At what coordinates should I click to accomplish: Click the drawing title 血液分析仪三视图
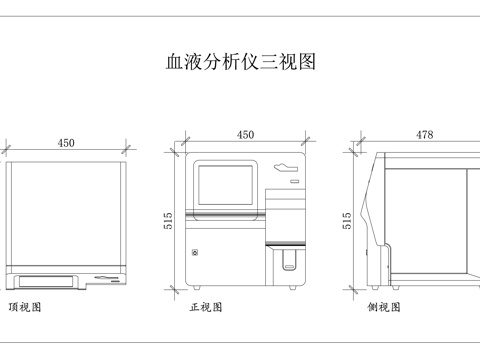(240, 62)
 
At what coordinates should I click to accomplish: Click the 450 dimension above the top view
(66, 143)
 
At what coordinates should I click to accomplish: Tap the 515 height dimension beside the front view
(168, 220)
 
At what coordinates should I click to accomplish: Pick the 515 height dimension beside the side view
(347, 220)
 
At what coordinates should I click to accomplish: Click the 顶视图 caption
(25, 307)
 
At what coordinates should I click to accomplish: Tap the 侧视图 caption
(385, 307)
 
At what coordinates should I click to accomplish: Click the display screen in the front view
(227, 187)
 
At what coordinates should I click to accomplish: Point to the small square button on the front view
(196, 252)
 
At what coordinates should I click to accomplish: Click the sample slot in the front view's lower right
(289, 262)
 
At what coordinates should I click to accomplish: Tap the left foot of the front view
(196, 289)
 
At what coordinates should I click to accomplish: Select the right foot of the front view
(291, 289)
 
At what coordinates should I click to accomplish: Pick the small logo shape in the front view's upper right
(288, 167)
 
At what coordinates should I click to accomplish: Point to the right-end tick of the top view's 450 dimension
(126, 151)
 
